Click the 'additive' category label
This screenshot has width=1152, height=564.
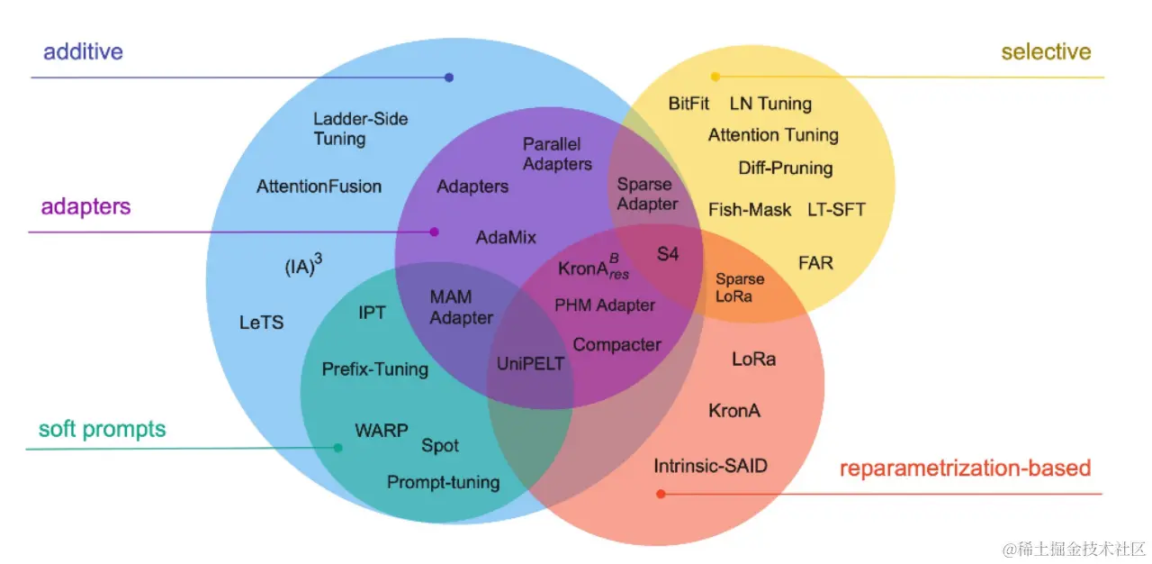83,50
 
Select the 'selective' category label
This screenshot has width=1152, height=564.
1046,51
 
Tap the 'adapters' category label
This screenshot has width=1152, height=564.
85,206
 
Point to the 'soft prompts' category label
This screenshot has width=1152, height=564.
102,429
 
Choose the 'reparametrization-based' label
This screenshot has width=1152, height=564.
965,468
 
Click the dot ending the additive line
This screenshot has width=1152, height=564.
449,77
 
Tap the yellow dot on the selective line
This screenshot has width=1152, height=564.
715,77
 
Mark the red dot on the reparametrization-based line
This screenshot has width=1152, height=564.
661,494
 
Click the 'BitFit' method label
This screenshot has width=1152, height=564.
688,104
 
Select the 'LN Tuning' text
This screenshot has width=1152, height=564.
770,104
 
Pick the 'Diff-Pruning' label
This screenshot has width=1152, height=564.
786,168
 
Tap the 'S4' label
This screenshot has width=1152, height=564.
667,254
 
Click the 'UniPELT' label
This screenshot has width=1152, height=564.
531,364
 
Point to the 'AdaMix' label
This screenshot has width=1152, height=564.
506,237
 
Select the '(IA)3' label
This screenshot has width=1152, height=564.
303,267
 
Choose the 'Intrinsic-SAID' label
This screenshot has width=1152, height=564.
711,466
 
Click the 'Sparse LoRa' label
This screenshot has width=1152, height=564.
739,287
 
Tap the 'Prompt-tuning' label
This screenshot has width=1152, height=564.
443,482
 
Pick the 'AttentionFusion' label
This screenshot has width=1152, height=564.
319,186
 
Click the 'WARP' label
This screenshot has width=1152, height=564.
382,430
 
